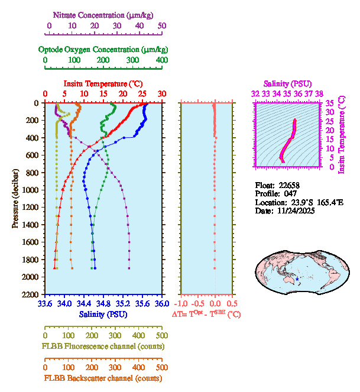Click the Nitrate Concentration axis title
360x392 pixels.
pos(105,14)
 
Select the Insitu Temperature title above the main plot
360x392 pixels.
pos(102,83)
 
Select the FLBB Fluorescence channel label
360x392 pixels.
pos(103,345)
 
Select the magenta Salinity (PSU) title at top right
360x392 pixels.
pos(287,84)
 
